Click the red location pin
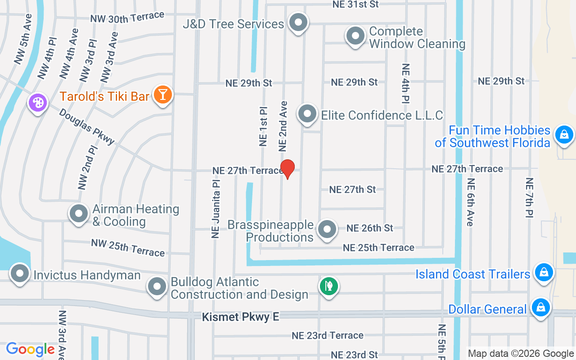point(287,169)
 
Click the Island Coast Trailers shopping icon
point(544,272)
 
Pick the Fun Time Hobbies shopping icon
point(564,134)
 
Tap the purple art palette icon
point(37,103)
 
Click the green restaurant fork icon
point(329,286)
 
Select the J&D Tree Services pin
point(297,22)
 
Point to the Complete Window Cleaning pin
point(355,36)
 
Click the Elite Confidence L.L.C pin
point(307,113)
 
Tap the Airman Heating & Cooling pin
point(79,213)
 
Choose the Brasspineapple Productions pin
point(327,229)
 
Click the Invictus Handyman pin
point(19,273)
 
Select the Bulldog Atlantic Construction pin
point(157,286)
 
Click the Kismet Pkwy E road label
point(240,317)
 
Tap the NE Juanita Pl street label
point(216,208)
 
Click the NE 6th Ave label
point(471,202)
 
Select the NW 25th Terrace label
point(128,248)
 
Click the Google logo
point(30,349)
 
